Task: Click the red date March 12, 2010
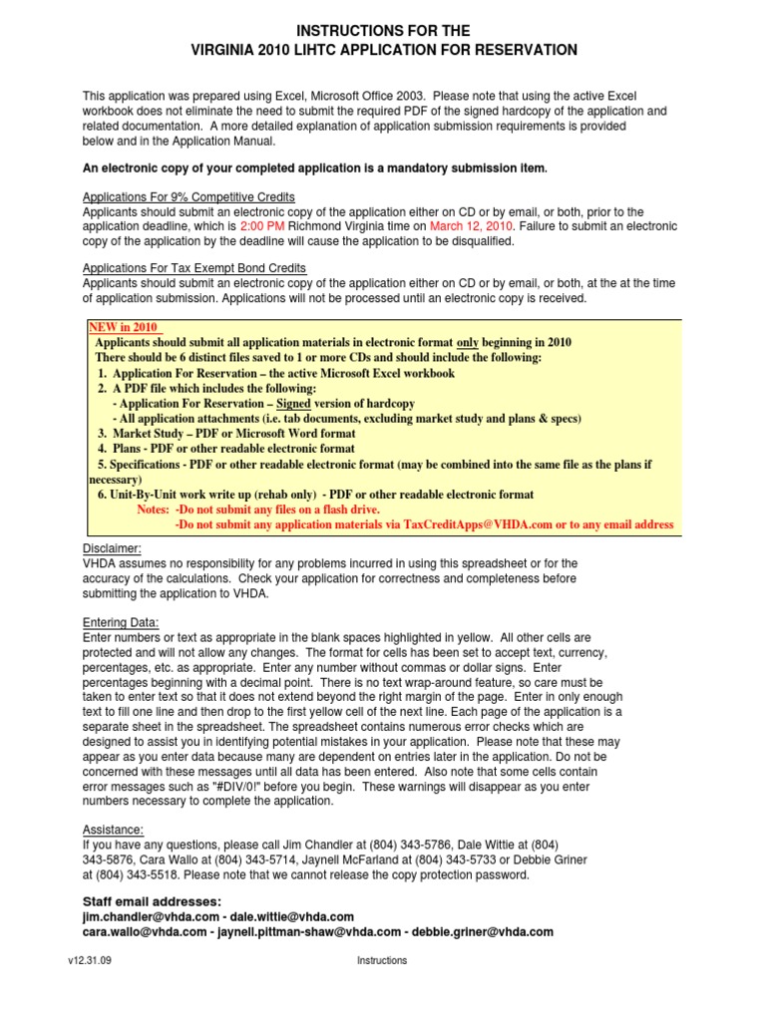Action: pos(466,226)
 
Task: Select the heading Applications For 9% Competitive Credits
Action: pos(189,197)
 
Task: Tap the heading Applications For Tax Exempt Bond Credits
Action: pos(194,268)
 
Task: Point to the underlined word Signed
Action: pos(293,404)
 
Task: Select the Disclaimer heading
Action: pos(112,548)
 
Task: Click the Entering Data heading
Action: pos(121,622)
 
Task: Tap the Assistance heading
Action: pos(113,830)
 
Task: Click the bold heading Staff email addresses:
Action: pos(152,901)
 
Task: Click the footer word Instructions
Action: pos(382,960)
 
